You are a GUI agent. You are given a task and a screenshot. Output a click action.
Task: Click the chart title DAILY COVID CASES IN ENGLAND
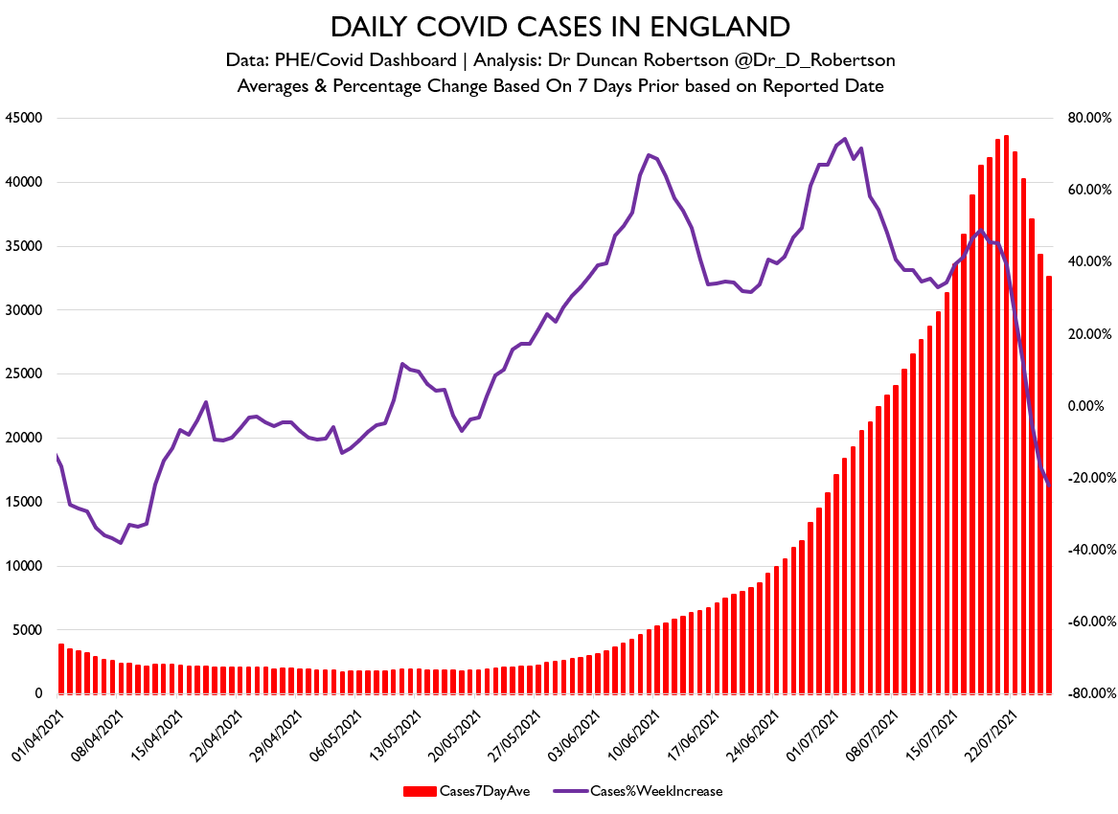[x=559, y=27]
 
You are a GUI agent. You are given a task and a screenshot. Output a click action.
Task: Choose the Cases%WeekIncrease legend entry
[x=655, y=791]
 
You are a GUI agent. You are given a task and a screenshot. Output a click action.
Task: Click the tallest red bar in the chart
[x=1006, y=414]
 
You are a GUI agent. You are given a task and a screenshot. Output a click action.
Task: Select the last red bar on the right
[x=1049, y=485]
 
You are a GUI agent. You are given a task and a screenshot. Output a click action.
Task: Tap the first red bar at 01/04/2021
[x=61, y=668]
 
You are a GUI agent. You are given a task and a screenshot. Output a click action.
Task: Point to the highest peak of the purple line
[x=844, y=139]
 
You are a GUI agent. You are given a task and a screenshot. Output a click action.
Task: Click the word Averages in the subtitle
[x=270, y=86]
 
